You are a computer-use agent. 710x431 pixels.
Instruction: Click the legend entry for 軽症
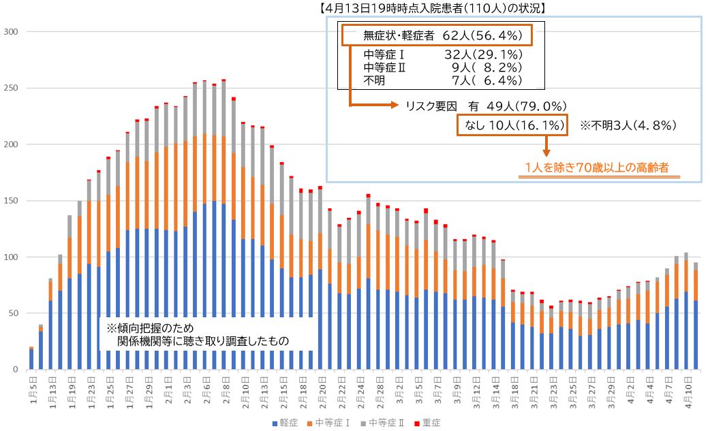coord(286,423)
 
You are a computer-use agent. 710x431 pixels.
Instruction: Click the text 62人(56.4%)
coord(482,35)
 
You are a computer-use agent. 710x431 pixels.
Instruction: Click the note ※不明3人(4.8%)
coord(628,125)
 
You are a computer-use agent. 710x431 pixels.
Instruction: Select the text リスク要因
coord(430,106)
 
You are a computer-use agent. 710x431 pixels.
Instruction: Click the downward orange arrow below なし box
coord(546,146)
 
